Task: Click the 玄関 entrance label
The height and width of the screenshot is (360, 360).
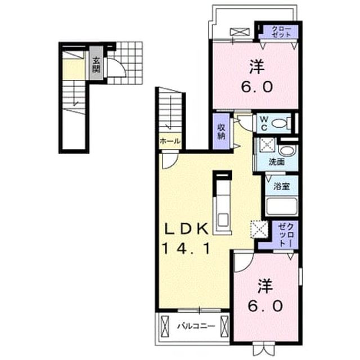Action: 96,65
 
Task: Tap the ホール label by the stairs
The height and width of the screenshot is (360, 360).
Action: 170,141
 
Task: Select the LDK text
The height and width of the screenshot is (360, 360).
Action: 186,228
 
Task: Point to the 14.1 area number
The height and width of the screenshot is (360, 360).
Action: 186,249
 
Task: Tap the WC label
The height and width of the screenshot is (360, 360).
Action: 264,124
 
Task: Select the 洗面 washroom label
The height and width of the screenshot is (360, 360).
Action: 277,162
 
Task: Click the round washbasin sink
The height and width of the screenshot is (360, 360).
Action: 287,151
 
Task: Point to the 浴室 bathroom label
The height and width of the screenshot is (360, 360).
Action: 281,186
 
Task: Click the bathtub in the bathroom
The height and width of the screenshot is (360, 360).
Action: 281,206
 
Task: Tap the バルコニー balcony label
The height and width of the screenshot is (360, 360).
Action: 196,326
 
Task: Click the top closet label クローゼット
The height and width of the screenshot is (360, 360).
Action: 281,31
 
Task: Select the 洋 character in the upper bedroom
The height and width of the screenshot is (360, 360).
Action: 256,66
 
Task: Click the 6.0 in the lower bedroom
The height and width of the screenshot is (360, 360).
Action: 265,306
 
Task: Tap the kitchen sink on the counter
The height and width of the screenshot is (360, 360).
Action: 223,219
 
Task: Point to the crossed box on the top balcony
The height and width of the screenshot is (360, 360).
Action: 240,31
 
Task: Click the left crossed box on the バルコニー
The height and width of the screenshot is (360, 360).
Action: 165,326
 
